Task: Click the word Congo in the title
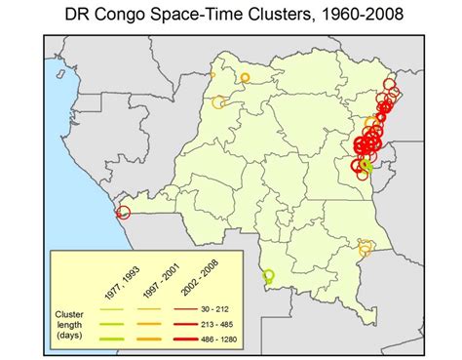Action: coord(139,16)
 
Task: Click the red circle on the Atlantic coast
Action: coord(123,214)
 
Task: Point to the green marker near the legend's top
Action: coord(269,277)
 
